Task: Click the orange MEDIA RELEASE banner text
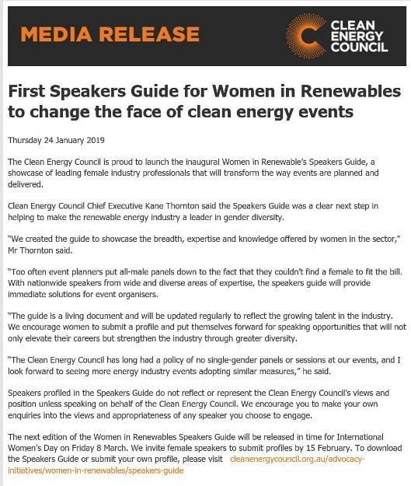tap(110, 35)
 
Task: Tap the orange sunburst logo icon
tap(305, 36)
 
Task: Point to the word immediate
tap(30, 295)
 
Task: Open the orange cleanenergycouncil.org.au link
tap(298, 460)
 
